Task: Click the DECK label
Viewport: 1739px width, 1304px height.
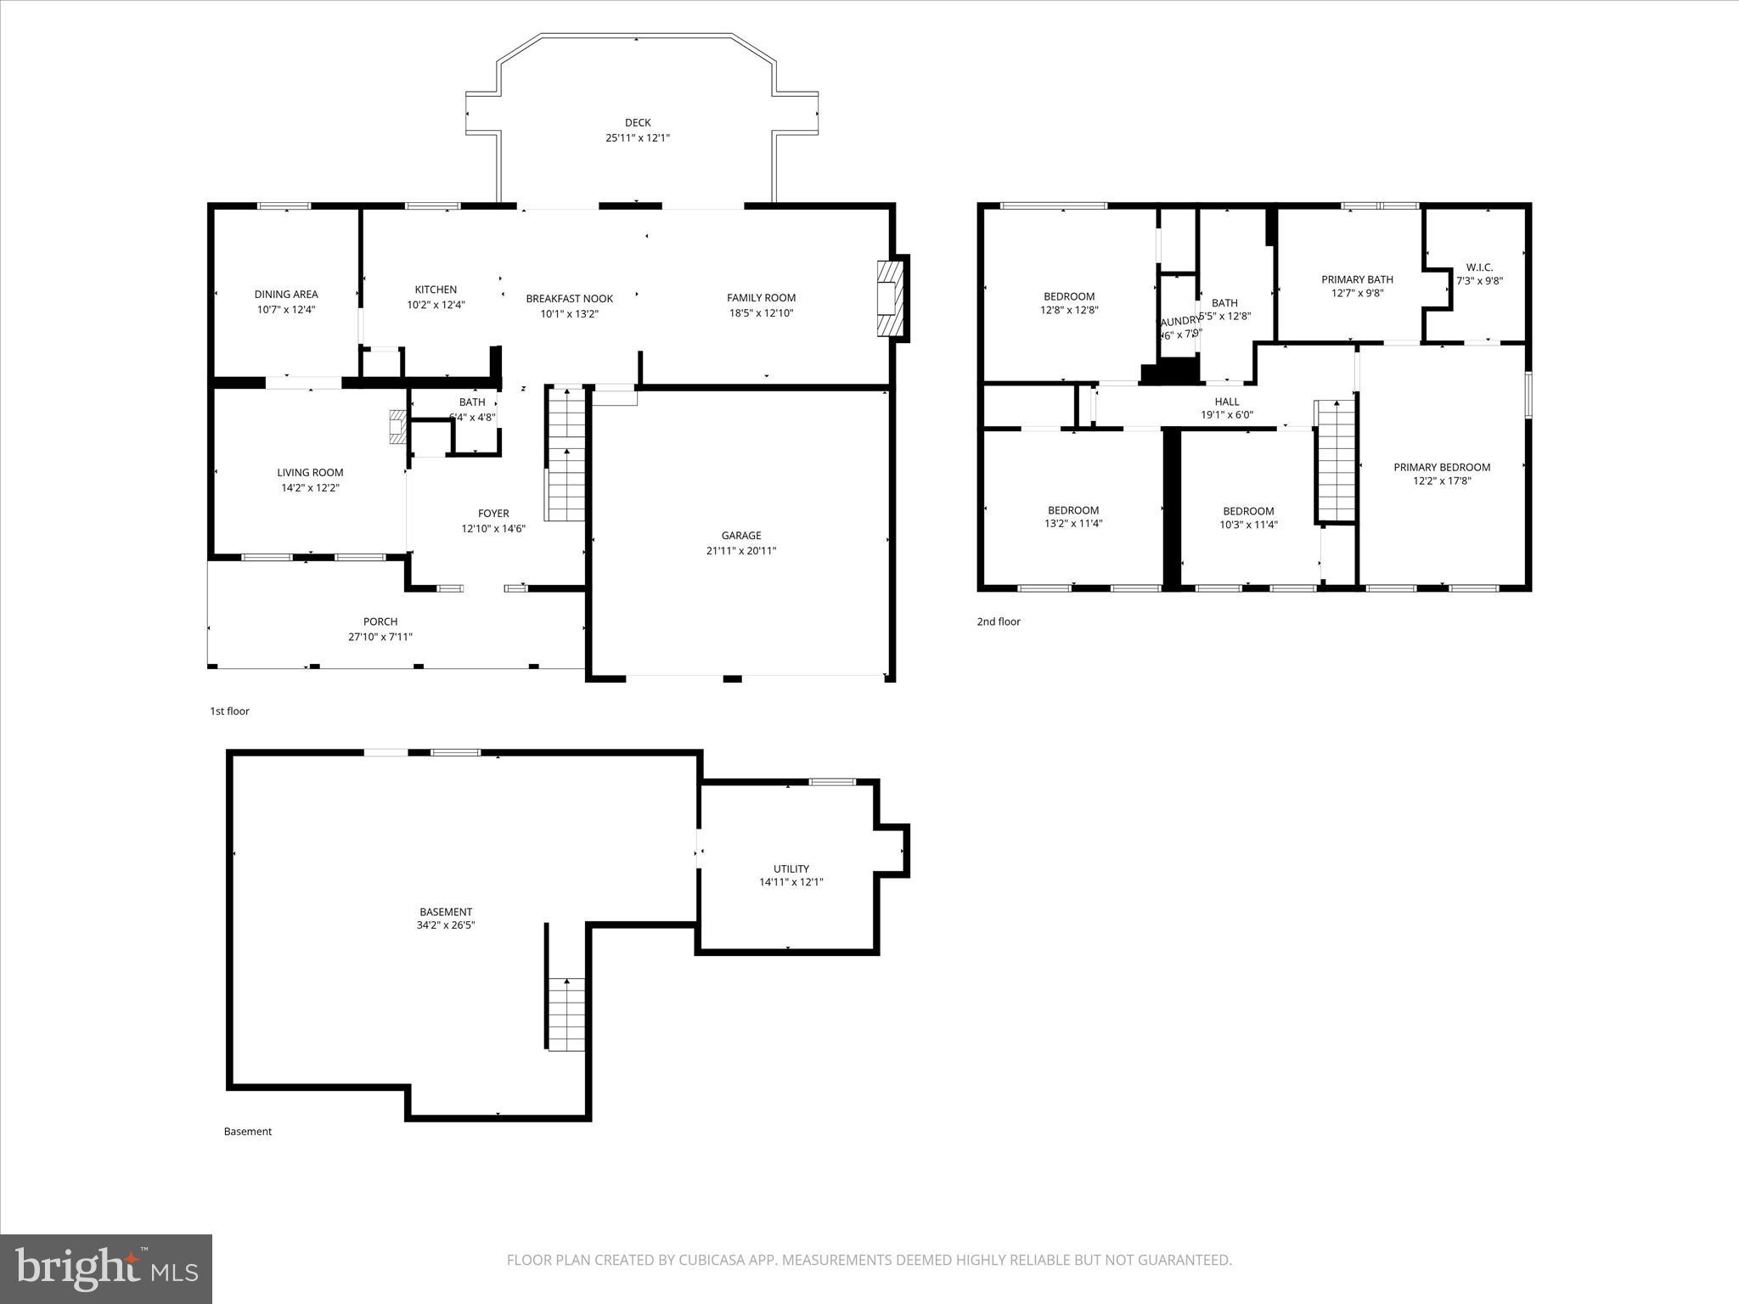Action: coord(638,123)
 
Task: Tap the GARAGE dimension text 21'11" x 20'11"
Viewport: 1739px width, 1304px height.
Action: coord(741,551)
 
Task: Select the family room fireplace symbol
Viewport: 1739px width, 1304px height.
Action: coord(888,298)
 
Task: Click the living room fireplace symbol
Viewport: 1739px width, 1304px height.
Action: coord(397,427)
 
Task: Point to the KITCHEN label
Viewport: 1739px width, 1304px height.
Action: coord(436,289)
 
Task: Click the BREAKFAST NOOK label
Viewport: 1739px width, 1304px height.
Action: coord(569,298)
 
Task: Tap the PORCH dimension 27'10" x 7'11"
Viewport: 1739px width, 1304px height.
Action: coord(380,637)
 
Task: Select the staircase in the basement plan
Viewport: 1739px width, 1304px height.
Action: coord(566,1014)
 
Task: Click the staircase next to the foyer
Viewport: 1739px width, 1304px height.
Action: coord(566,454)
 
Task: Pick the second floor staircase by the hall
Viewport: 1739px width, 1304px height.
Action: coord(1336,463)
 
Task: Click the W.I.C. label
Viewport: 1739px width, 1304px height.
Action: coord(1479,267)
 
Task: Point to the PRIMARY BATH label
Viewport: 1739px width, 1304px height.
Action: coord(1357,279)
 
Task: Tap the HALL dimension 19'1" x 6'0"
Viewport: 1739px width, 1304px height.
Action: coord(1227,415)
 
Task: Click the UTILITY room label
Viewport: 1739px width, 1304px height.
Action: coord(791,868)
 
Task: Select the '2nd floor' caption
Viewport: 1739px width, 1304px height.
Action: coord(999,621)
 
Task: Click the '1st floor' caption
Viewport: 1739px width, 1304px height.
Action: coord(229,711)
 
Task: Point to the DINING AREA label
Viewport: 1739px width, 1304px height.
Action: coord(286,295)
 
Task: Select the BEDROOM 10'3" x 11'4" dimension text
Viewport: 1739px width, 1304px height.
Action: coord(1248,525)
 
